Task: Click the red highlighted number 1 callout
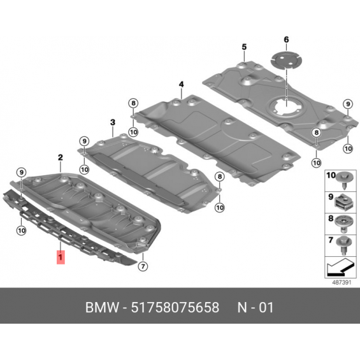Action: pos(61,257)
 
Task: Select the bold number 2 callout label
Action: pos(60,157)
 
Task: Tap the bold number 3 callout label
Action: pos(113,122)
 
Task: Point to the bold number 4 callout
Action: pos(182,85)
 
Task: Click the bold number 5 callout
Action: pos(244,47)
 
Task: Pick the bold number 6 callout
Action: pos(286,40)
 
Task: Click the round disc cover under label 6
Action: pos(286,61)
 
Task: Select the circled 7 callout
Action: pos(143,266)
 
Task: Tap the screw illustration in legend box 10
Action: pos(343,181)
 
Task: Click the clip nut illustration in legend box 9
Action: pos(343,202)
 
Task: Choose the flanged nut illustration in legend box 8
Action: pos(343,224)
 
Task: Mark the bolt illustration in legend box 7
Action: pos(343,245)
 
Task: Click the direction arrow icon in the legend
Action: pos(340,267)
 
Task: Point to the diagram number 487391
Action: pos(342,282)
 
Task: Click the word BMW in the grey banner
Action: pos(103,307)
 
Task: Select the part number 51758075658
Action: pos(175,307)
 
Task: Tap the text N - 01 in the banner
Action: pos(256,307)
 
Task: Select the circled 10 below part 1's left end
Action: pos(22,230)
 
